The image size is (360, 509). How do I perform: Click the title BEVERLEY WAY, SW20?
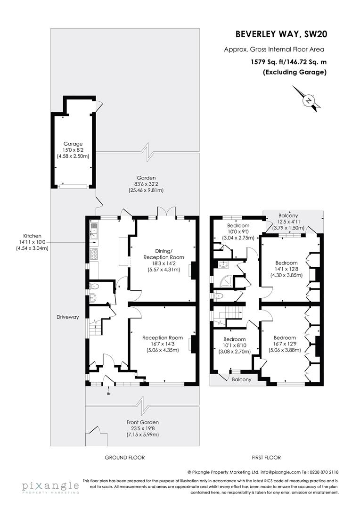coord(281,34)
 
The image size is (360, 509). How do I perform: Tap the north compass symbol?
coord(309,100)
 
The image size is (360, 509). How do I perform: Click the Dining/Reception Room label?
coord(164,261)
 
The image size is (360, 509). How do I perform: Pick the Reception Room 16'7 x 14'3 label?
coord(163,344)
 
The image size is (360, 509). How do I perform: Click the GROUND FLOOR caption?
coord(124,458)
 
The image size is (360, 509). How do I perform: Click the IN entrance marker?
coord(109,394)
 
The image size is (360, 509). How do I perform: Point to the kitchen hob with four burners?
coord(94,254)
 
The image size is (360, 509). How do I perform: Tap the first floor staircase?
coord(232,313)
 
